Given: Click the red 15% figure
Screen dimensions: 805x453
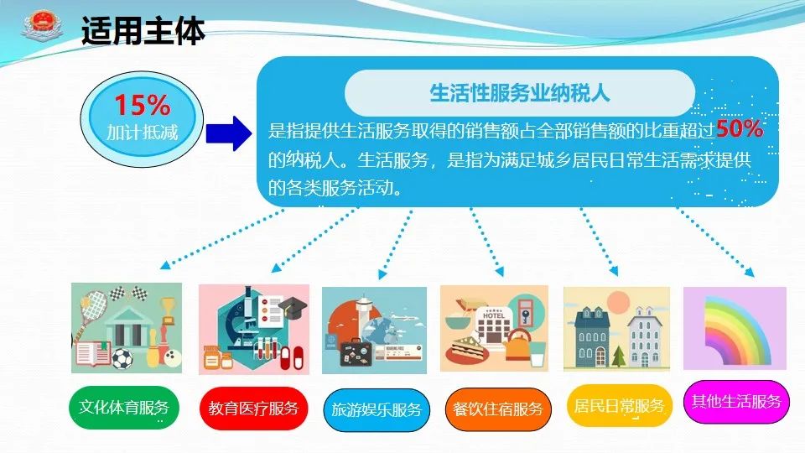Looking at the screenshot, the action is point(142,105).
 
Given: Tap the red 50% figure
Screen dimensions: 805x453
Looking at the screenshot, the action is point(740,129).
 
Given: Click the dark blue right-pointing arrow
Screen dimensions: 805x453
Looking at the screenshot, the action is point(228,133).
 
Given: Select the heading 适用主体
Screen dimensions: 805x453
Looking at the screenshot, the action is point(143,31).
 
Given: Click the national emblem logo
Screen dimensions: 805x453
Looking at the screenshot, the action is point(42,26).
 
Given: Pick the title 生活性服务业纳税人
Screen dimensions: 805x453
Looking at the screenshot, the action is point(520,93).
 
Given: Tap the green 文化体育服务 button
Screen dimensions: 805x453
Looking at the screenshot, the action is point(124,408).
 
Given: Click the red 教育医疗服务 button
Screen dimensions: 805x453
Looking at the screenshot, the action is point(253,409).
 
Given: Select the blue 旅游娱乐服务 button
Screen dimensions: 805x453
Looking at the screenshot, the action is point(377,410).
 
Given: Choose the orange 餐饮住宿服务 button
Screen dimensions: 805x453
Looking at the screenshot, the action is point(497,409).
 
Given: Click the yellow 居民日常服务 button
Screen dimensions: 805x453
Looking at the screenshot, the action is point(619,406).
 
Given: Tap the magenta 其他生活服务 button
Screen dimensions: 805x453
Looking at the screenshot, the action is point(736,401).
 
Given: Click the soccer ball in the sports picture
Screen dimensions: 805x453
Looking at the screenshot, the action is point(122,359).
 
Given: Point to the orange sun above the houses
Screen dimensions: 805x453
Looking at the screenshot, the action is point(618,302).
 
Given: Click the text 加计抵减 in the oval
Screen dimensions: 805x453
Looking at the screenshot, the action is point(143,133).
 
